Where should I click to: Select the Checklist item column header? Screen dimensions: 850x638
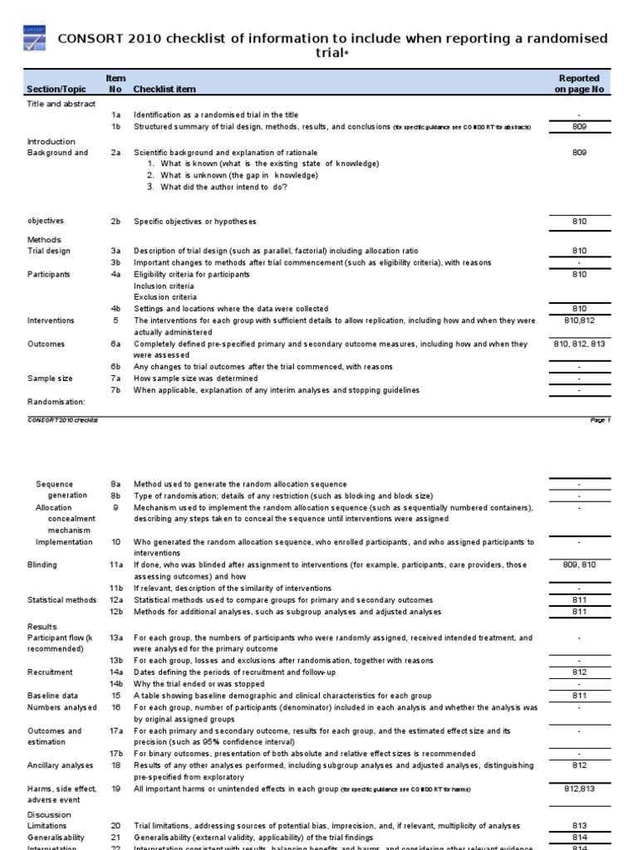tap(165, 89)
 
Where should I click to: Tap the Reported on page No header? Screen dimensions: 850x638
tap(579, 84)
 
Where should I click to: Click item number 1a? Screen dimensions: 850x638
tap(116, 115)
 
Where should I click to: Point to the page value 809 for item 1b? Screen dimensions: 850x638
tap(579, 126)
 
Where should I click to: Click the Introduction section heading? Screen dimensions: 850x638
tap(52, 141)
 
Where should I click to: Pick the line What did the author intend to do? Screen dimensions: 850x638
tap(224, 187)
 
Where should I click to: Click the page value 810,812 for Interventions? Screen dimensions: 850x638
tap(579, 320)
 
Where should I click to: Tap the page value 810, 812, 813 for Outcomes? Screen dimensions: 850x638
tap(579, 343)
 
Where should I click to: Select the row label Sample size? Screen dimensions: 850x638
tap(50, 379)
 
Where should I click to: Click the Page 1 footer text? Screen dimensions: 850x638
tap(600, 420)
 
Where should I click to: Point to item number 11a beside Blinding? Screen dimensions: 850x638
tap(117, 564)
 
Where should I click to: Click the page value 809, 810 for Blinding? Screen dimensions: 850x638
tap(579, 564)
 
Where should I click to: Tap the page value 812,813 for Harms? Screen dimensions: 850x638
tap(579, 788)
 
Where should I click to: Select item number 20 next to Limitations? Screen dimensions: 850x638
tap(116, 825)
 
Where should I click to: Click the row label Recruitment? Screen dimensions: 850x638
tap(50, 672)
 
